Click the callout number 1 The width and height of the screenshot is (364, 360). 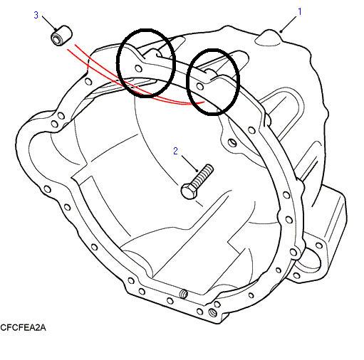(300, 11)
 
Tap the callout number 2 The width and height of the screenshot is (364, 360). (175, 151)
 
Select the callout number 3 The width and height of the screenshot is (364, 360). (36, 15)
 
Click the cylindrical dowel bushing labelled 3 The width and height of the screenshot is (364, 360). (61, 36)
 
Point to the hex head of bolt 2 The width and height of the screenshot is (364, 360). (189, 191)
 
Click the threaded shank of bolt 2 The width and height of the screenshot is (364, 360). (202, 176)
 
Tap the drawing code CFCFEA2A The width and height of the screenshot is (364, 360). (23, 327)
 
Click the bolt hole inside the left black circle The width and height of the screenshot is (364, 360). (138, 68)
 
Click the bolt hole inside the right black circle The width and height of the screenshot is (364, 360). (200, 86)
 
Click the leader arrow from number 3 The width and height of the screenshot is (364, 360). (50, 23)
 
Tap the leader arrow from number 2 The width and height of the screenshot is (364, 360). (190, 164)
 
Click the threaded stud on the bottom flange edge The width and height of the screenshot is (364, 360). (184, 294)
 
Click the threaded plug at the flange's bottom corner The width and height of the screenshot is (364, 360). (212, 312)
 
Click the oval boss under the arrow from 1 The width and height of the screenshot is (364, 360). (269, 38)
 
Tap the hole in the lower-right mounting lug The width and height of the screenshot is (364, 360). (319, 245)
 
